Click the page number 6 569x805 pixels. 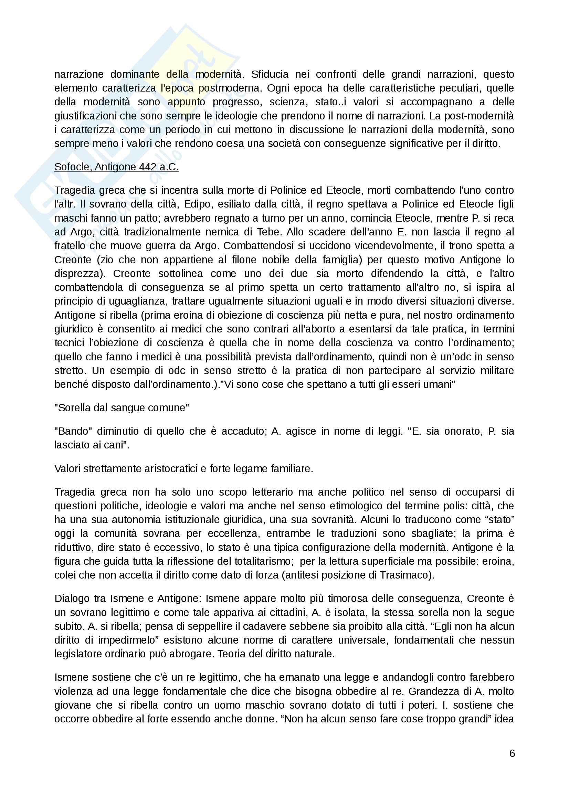[512, 753]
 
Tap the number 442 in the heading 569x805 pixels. [148, 167]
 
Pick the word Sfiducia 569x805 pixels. [270, 74]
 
